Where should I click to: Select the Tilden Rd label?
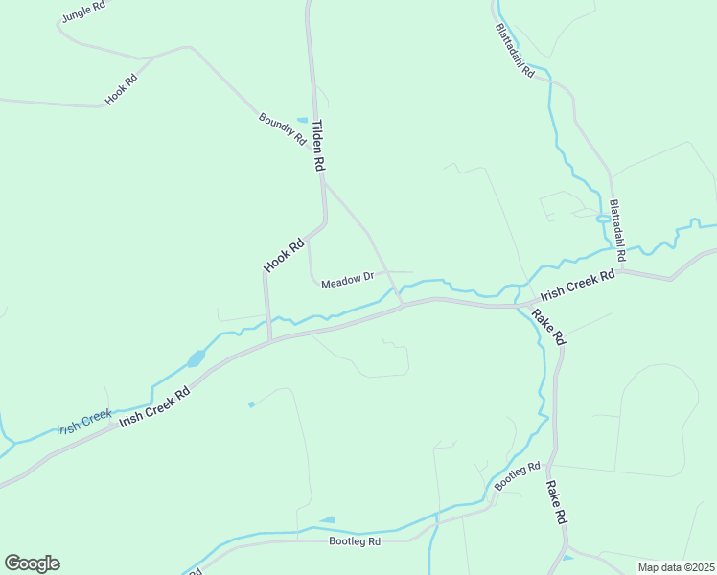click(319, 145)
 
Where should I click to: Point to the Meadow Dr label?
click(347, 282)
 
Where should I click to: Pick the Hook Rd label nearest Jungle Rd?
click(122, 89)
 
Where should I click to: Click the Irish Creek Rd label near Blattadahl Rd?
click(577, 285)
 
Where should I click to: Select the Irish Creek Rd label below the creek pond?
click(155, 406)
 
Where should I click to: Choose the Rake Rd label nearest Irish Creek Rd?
click(549, 327)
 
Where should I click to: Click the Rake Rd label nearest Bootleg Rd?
click(556, 502)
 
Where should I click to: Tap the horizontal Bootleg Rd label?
click(355, 541)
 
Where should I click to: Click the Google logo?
click(32, 563)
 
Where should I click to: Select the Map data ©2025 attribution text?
click(676, 567)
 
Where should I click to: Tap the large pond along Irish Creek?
click(196, 358)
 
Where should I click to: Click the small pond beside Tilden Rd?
click(303, 120)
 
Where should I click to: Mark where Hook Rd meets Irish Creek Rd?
click(270, 339)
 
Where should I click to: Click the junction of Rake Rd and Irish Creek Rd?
click(520, 306)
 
